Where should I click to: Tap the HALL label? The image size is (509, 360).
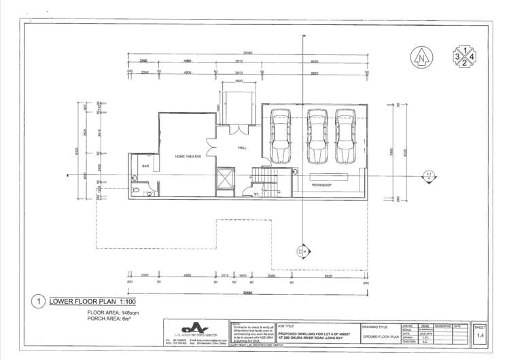tap(242, 147)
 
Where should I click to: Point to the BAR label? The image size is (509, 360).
tap(145, 164)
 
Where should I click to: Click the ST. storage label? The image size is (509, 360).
tap(256, 195)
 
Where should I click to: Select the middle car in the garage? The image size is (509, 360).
tap(317, 136)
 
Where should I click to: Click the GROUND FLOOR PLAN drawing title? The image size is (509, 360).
tap(383, 335)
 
